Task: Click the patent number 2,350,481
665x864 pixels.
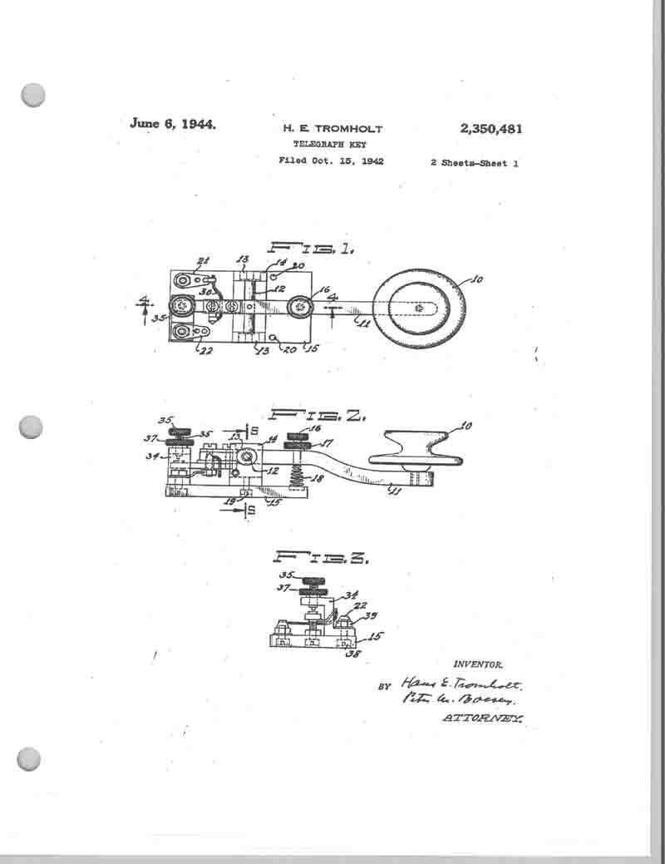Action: click(490, 129)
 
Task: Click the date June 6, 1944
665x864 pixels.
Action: click(173, 124)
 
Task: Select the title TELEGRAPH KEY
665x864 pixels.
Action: click(332, 145)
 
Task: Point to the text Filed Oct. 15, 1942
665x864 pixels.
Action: click(331, 161)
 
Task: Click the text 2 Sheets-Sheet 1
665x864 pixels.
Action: click(475, 163)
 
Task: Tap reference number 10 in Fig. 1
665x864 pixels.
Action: click(476, 280)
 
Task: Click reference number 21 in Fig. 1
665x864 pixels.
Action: click(202, 261)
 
